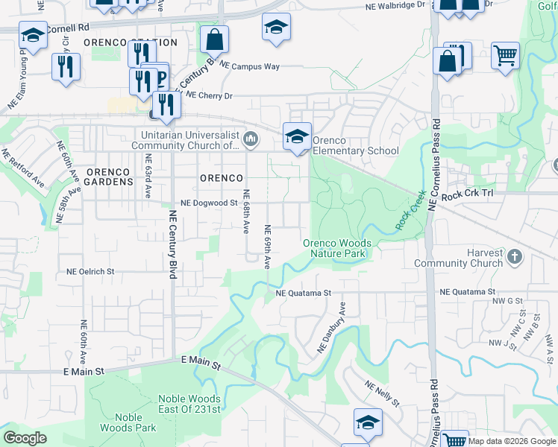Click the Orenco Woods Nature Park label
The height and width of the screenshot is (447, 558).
[x=335, y=248]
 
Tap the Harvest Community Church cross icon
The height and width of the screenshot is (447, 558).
[x=514, y=257]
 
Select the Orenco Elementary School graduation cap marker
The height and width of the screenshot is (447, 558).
[x=297, y=136]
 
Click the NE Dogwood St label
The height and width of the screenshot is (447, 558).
[x=210, y=203]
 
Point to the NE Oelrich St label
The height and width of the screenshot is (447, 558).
[x=90, y=272]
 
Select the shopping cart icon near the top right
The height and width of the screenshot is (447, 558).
[x=505, y=54]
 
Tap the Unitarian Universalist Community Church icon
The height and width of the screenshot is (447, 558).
[x=251, y=138]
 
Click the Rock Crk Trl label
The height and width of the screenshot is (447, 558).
[x=468, y=194]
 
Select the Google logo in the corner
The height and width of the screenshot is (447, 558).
[x=25, y=438]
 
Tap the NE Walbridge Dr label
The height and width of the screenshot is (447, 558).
[x=395, y=4]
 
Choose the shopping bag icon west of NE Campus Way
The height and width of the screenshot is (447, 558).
[x=214, y=39]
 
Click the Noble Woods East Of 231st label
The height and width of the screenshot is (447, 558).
[x=189, y=404]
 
